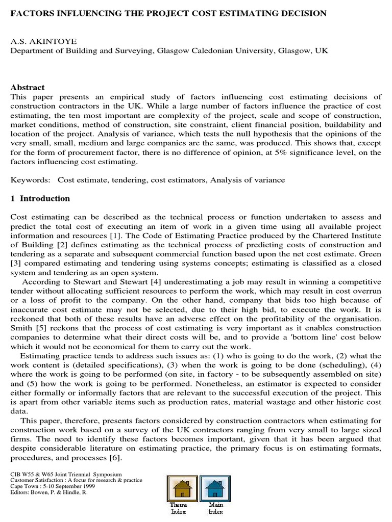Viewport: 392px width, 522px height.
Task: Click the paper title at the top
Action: [x=168, y=14]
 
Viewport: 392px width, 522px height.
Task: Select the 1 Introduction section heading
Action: [x=40, y=198]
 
